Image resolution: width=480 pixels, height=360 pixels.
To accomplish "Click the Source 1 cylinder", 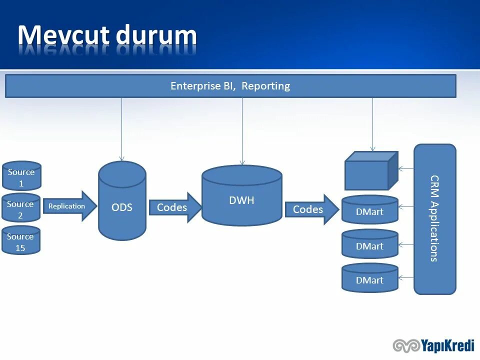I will [x=21, y=176].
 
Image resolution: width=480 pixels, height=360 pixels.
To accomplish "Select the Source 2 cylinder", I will [x=20, y=208].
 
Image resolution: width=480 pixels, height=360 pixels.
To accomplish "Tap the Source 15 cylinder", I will [x=20, y=240].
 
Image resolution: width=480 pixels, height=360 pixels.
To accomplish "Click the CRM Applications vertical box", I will [x=434, y=218].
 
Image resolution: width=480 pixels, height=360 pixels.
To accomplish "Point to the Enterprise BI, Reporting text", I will [x=230, y=86].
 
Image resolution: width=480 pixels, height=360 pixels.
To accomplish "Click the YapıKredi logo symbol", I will [x=405, y=345].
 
